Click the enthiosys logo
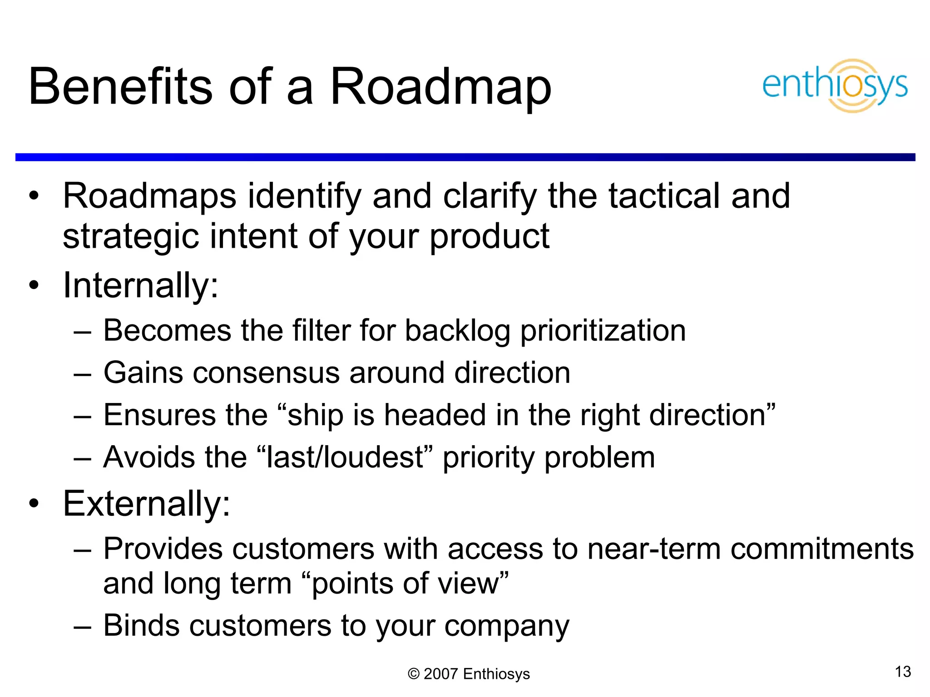(835, 85)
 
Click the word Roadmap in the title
(440, 87)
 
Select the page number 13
(903, 672)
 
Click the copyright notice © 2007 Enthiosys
(469, 674)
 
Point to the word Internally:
(141, 286)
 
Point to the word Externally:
(147, 504)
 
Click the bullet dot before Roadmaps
(34, 196)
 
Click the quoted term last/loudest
(345, 457)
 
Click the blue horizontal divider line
(465, 157)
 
